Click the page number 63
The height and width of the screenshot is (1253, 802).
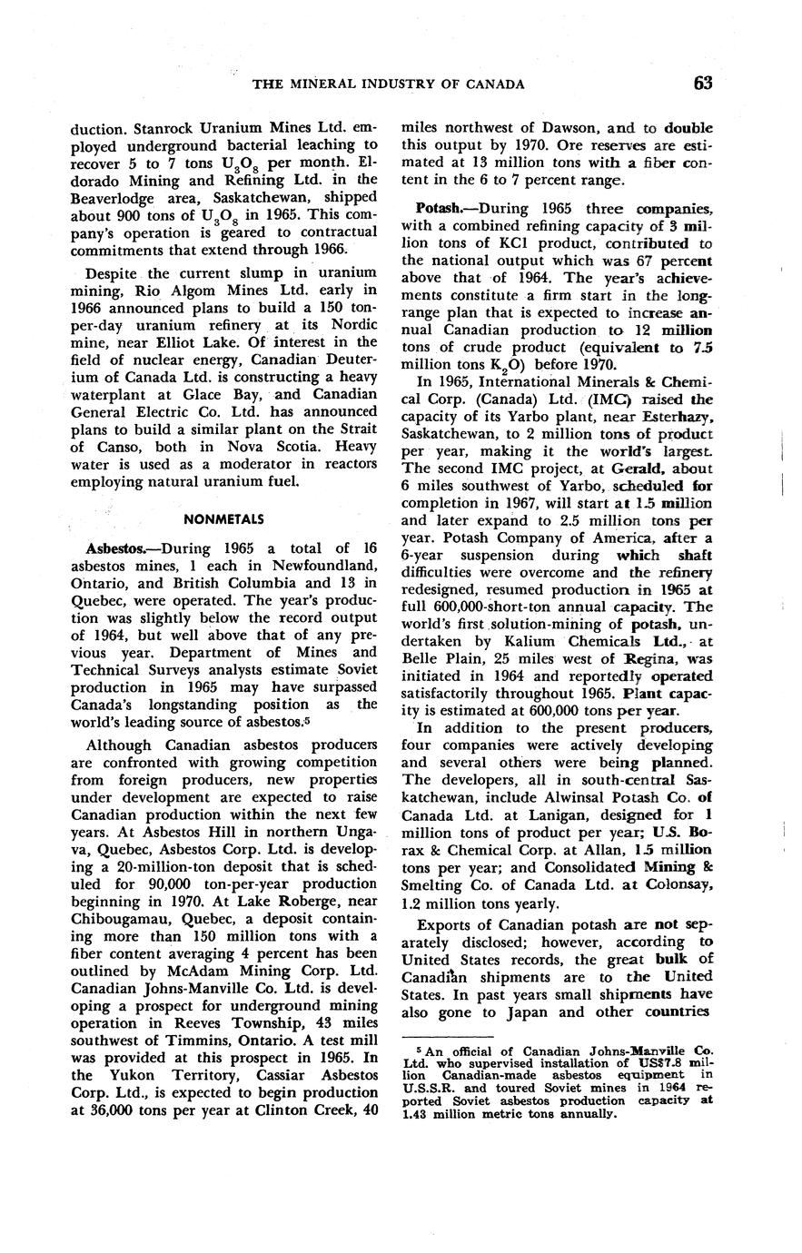702,84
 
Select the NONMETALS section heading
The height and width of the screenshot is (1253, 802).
223,519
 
